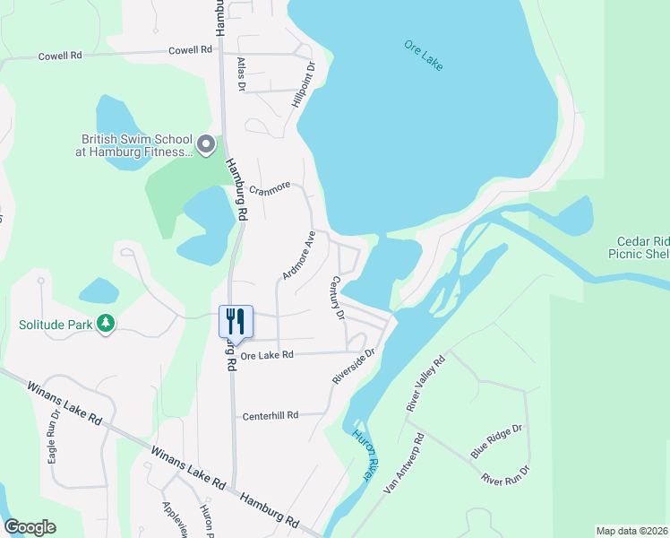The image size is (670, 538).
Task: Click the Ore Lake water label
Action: (x=424, y=56)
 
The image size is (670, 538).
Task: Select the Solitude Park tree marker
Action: (x=107, y=322)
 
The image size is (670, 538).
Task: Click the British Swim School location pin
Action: (x=207, y=144)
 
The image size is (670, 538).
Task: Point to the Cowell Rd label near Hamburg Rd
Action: (x=190, y=50)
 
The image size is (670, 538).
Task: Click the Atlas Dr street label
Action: (x=241, y=74)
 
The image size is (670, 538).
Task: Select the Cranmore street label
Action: (x=270, y=189)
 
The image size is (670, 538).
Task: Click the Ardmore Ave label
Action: (x=299, y=256)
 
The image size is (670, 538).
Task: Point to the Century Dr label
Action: (x=339, y=298)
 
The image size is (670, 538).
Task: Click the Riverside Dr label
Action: (x=353, y=367)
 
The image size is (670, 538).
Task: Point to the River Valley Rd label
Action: (x=425, y=385)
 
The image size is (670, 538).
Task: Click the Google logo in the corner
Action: (x=30, y=527)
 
